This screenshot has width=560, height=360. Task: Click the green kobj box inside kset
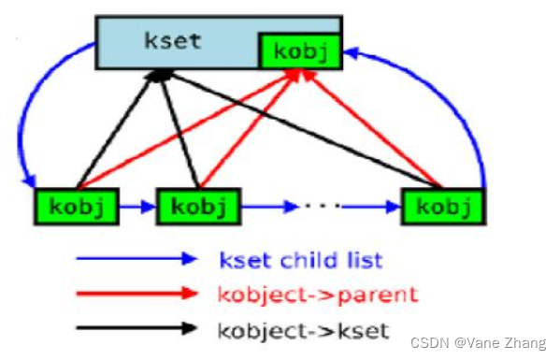click(x=302, y=52)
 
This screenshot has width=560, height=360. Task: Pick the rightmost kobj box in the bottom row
click(x=442, y=206)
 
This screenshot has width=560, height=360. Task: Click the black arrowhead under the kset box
click(x=162, y=73)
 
